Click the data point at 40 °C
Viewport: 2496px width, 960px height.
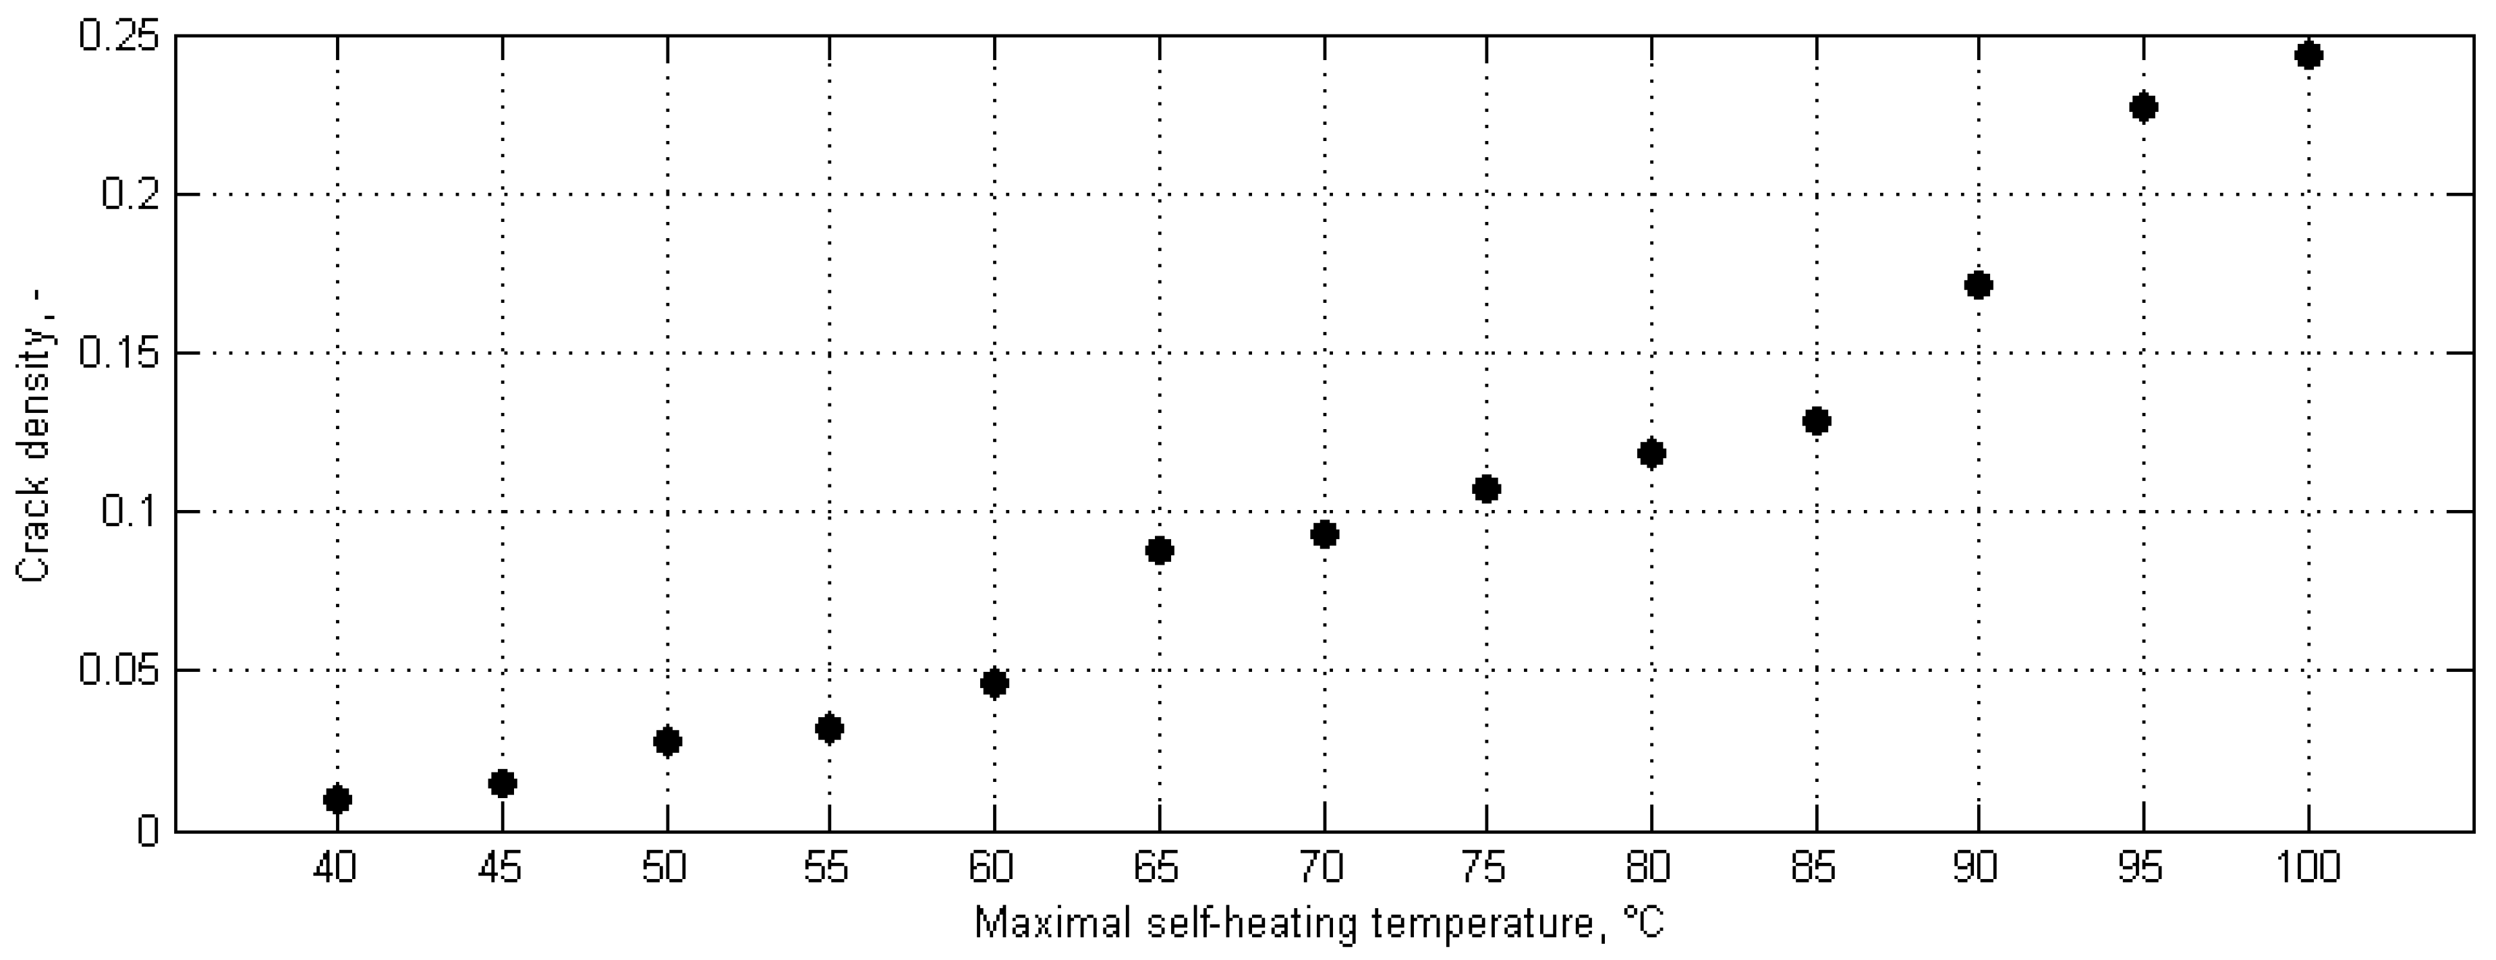click(x=337, y=799)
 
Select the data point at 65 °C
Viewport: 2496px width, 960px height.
click(x=1159, y=551)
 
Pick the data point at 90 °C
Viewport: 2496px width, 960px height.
click(x=1979, y=285)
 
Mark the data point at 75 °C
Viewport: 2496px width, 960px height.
click(x=1486, y=489)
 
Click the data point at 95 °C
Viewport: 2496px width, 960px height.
click(x=2145, y=107)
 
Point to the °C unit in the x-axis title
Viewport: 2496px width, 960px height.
click(x=1643, y=922)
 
